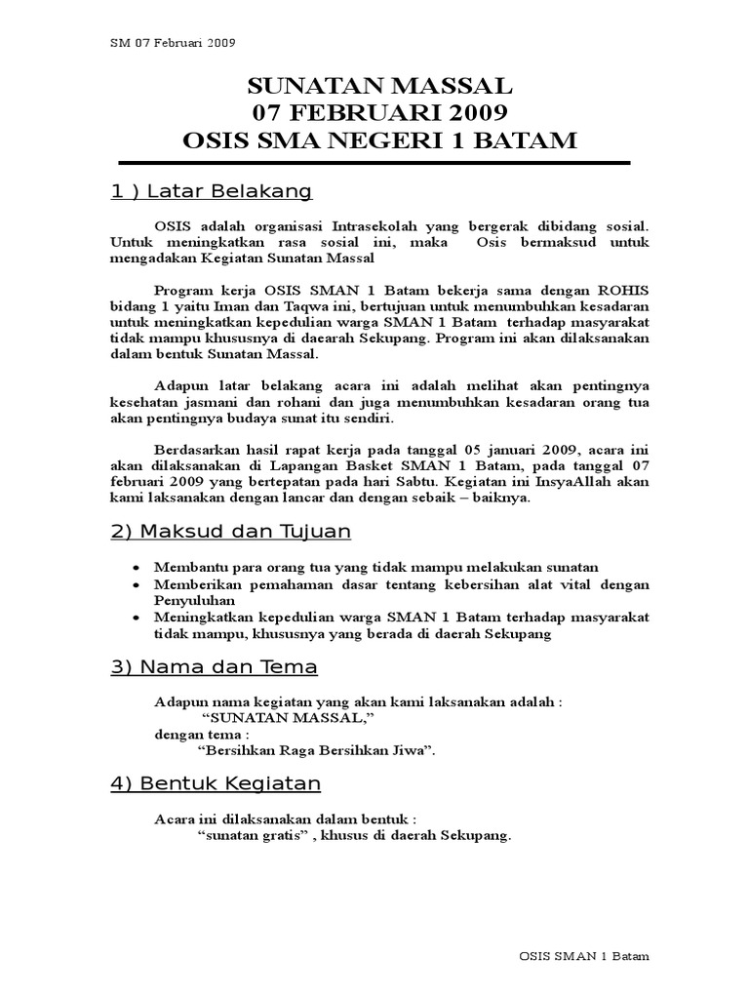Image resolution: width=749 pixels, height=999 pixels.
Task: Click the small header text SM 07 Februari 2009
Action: tap(172, 42)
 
